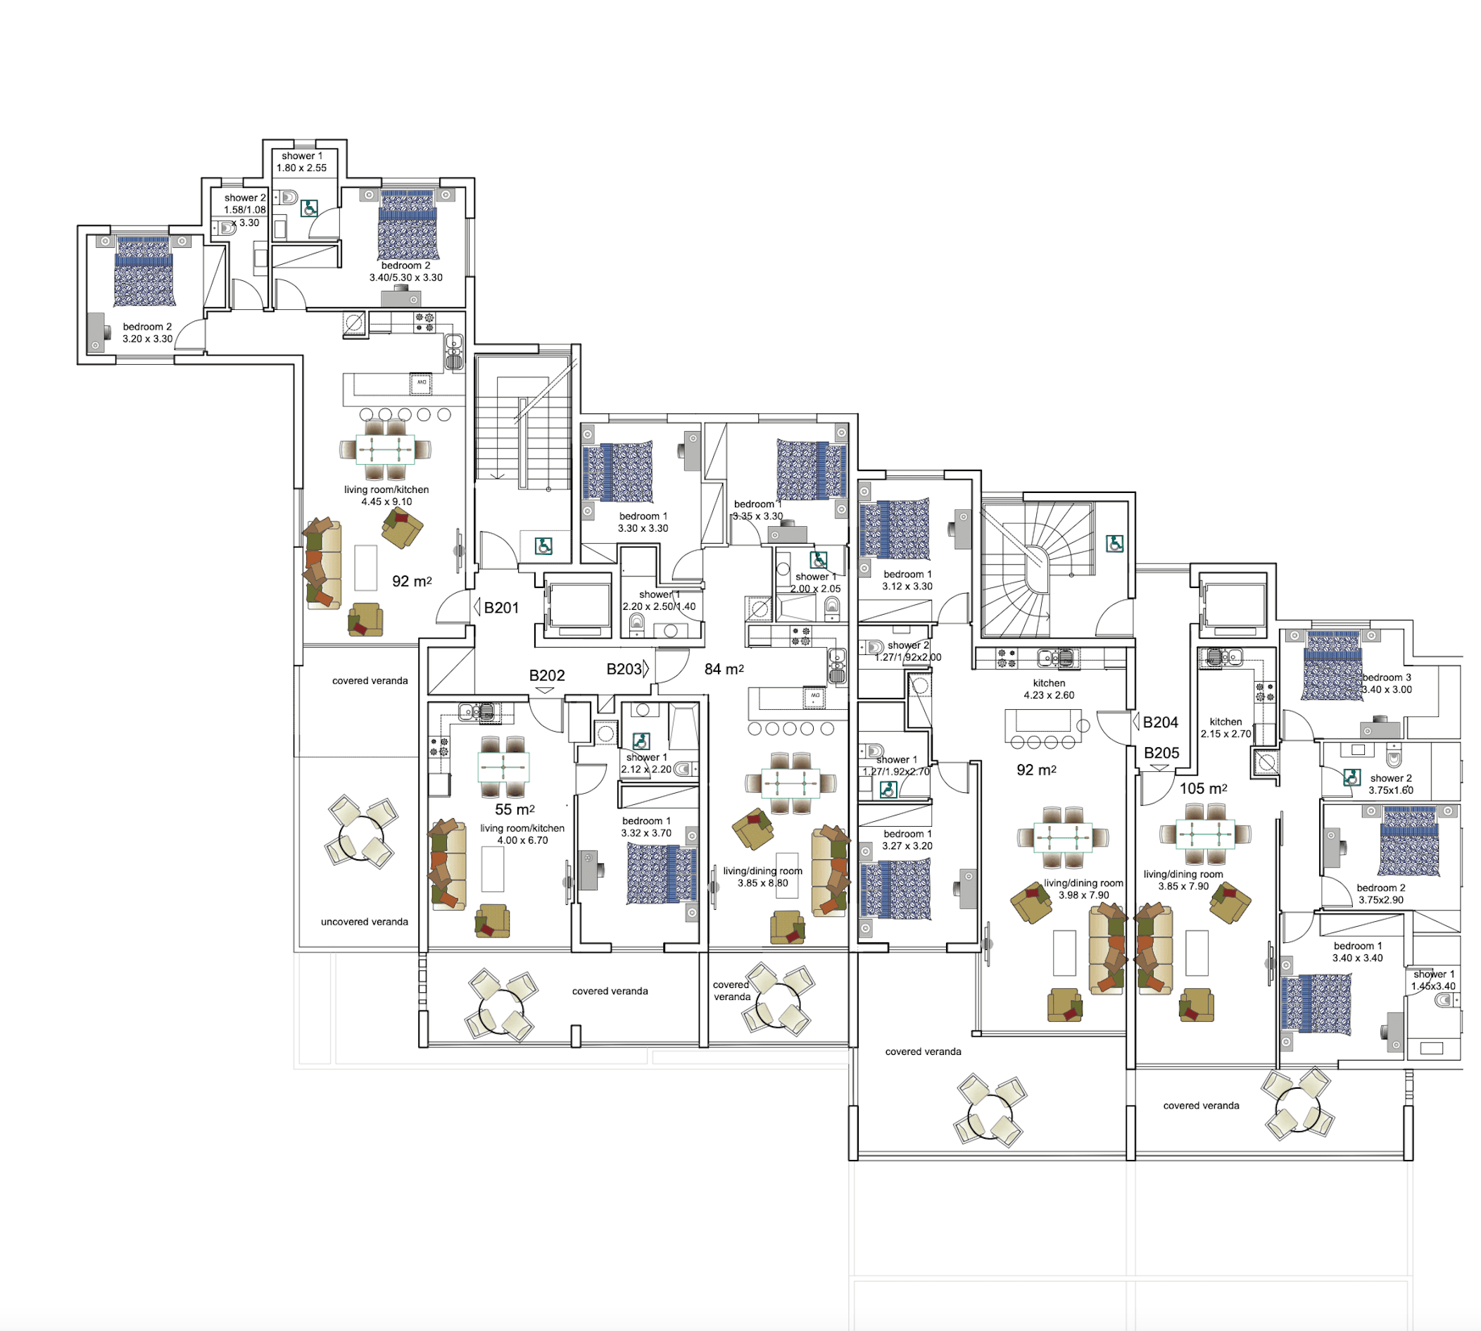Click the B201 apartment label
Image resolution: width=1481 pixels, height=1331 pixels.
click(x=500, y=608)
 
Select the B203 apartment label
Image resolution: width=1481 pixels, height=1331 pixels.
click(x=624, y=669)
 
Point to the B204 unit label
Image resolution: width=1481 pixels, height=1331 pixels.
click(x=1160, y=723)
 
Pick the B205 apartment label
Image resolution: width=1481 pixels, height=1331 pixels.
click(x=1161, y=754)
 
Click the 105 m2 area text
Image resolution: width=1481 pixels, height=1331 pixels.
click(x=1202, y=789)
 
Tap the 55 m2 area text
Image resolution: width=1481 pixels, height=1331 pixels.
click(x=515, y=810)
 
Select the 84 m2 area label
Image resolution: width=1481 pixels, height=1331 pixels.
click(x=724, y=669)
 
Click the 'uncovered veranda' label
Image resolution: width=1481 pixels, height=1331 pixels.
click(x=364, y=921)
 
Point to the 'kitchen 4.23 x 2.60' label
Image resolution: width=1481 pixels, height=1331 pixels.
click(x=1048, y=689)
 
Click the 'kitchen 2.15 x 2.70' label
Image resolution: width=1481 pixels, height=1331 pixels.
click(x=1225, y=727)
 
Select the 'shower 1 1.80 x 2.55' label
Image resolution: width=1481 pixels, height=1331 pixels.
click(x=301, y=162)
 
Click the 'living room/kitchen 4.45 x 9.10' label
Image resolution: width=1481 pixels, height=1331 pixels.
click(x=386, y=495)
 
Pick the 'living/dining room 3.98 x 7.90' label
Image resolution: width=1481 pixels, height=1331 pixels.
click(x=1083, y=889)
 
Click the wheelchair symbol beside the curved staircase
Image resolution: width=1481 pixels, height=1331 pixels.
click(x=1114, y=544)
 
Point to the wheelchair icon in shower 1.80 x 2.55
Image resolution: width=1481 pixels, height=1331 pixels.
click(x=309, y=209)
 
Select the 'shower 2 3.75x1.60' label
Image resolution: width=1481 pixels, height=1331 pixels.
click(x=1390, y=784)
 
